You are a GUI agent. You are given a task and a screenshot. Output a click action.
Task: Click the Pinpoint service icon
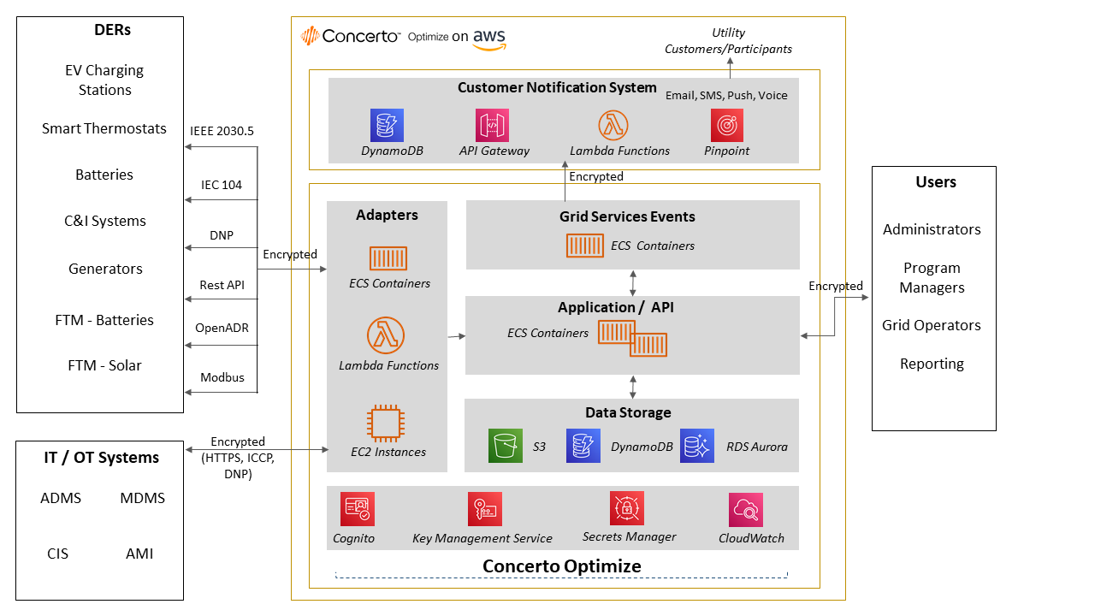click(x=726, y=125)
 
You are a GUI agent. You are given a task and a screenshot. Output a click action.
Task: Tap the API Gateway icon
click(x=492, y=125)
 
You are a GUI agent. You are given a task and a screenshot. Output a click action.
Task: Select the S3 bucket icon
click(x=505, y=446)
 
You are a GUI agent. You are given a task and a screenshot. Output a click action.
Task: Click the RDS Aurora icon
click(x=697, y=446)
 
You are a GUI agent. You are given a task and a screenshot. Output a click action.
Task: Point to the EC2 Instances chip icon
click(x=388, y=423)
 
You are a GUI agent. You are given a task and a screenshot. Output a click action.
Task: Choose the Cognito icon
click(x=357, y=509)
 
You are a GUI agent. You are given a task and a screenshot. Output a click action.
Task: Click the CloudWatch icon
click(x=746, y=510)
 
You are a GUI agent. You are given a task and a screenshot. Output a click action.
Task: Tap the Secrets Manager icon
click(x=626, y=508)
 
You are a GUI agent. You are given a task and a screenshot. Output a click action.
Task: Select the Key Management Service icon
click(x=484, y=509)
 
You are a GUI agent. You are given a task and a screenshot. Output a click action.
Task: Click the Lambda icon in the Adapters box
click(x=387, y=335)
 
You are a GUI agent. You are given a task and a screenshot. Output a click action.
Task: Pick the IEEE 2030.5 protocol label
click(x=222, y=131)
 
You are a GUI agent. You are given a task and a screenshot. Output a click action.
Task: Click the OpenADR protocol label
click(x=222, y=328)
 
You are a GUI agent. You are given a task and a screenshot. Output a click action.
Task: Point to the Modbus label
click(x=222, y=377)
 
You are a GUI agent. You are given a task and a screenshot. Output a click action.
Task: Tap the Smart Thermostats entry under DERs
click(x=104, y=128)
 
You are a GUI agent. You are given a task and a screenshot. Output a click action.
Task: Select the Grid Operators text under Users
click(x=932, y=325)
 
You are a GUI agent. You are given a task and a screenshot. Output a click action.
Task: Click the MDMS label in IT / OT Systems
click(x=142, y=498)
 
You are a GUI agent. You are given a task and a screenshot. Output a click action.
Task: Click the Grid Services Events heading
click(x=627, y=216)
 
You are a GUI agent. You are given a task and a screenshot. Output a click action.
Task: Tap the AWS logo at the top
click(x=488, y=38)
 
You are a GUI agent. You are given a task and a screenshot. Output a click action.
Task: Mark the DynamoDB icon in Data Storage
click(x=583, y=446)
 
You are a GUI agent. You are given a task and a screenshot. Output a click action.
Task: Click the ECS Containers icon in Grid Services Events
click(x=584, y=246)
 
